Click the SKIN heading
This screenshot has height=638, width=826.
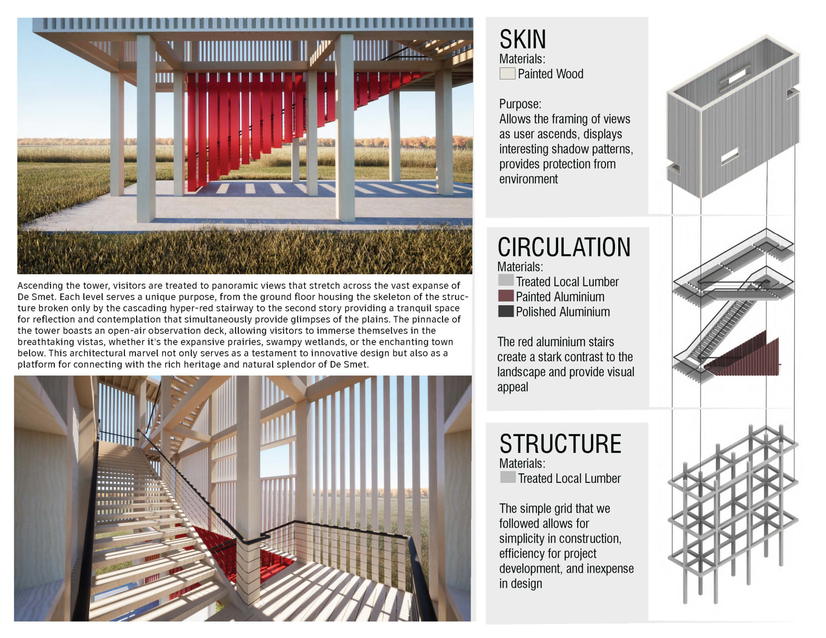click(523, 39)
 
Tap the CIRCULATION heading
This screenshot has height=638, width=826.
click(564, 248)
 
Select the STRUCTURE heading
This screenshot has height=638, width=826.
click(560, 444)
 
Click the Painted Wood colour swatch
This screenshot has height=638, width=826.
click(507, 73)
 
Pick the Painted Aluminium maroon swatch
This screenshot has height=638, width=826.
click(506, 296)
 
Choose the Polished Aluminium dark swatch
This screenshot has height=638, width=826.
click(506, 311)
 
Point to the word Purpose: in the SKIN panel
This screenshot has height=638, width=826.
click(520, 104)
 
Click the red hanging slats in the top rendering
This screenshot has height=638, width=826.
click(242, 121)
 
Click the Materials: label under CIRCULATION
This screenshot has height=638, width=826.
click(520, 267)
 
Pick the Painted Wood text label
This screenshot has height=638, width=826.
click(550, 74)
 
